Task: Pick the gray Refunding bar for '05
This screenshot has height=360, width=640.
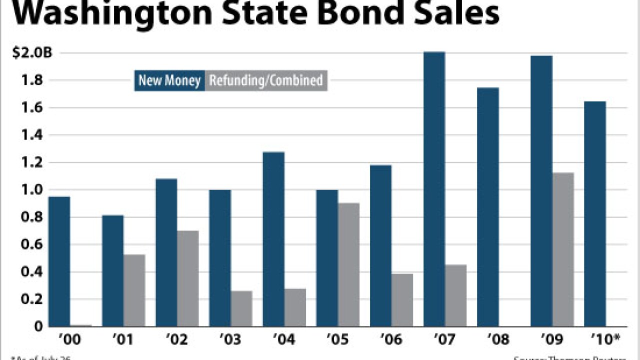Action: (x=348, y=264)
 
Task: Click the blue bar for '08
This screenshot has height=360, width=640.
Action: (x=487, y=207)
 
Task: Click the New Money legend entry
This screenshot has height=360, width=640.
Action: (x=169, y=80)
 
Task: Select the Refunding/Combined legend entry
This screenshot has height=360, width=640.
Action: (x=266, y=80)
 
